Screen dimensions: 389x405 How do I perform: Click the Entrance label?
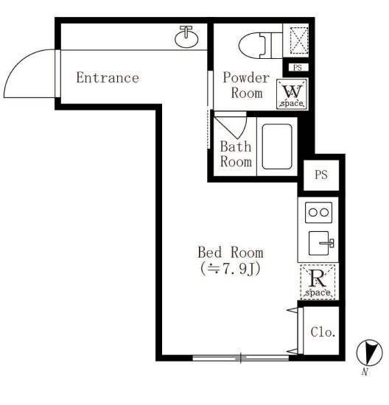tap(108, 77)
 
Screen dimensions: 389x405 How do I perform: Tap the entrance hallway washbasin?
tap(186, 37)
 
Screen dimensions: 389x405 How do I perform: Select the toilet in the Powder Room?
tap(261, 46)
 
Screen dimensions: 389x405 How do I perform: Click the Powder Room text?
tap(246, 85)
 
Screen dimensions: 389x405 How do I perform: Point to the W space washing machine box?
tap(292, 94)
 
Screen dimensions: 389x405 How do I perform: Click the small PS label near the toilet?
tap(298, 68)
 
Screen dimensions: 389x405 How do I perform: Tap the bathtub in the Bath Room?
tap(277, 147)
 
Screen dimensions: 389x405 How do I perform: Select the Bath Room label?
tap(236, 154)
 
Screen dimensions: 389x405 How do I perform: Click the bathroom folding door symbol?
tap(230, 125)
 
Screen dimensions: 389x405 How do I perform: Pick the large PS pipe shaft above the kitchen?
tap(321, 175)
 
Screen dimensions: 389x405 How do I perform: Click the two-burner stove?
tap(318, 212)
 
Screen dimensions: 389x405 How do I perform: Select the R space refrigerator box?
tap(318, 282)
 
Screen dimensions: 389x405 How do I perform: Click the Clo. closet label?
tap(323, 332)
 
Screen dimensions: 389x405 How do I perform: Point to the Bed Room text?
tap(231, 253)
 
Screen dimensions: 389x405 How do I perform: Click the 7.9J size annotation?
tap(230, 269)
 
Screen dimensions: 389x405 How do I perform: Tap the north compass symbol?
tap(369, 352)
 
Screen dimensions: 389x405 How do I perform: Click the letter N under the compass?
tap(365, 372)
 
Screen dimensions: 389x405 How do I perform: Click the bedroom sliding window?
tap(241, 358)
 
